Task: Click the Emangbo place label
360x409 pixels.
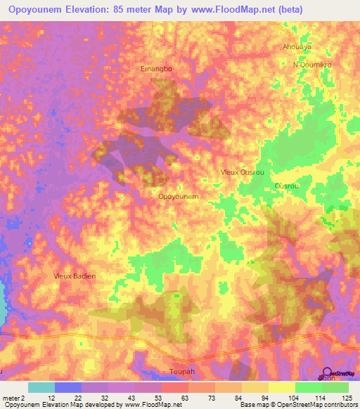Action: (x=156, y=69)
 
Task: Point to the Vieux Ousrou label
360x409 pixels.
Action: (x=240, y=171)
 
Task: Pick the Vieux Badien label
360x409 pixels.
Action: (x=75, y=276)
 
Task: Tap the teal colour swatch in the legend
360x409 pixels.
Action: (x=41, y=387)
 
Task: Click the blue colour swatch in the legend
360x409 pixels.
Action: (x=68, y=387)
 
